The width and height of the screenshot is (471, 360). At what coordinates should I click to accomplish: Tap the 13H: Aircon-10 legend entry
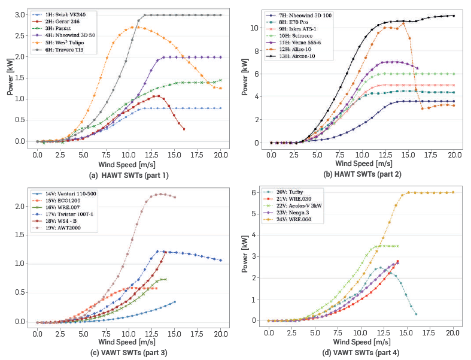[299, 56]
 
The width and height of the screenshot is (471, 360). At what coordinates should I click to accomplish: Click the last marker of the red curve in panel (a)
[184, 129]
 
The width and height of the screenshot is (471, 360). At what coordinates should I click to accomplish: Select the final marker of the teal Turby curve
[416, 314]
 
